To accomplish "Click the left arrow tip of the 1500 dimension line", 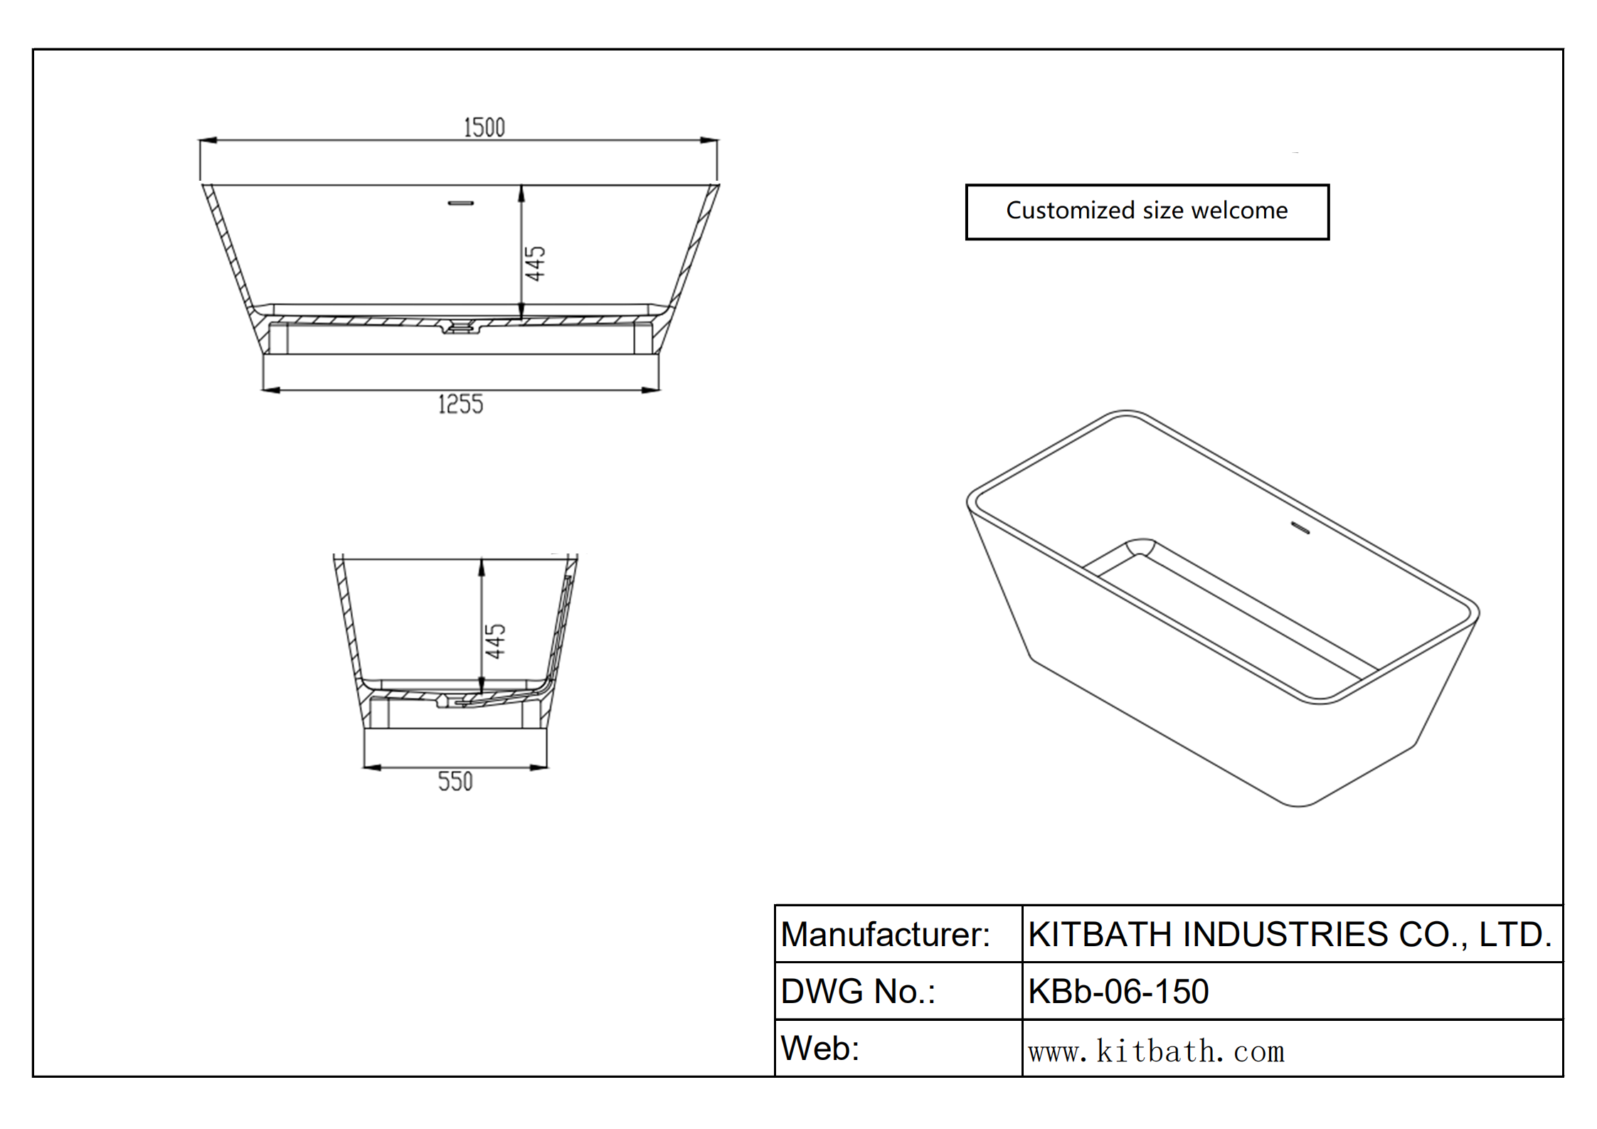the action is coord(199,141).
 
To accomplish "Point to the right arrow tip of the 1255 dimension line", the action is coord(659,390).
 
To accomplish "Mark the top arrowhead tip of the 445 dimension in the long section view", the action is coord(521,186).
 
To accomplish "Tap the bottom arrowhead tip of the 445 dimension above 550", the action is coord(482,694).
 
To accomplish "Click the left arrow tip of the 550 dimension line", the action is coord(364,768).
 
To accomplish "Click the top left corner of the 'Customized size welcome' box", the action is coord(966,185).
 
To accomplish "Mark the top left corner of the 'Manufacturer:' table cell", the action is coord(775,905).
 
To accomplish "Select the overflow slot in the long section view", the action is coord(460,203).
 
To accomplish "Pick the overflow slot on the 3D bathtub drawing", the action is coord(1300,529).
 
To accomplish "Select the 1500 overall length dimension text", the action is coord(484,128).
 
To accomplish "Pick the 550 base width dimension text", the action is coord(455,781).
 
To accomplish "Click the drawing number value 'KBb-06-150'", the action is coord(1118,991).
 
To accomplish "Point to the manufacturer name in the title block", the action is coord(1290,934).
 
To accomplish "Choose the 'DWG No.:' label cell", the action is coord(898,991).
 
